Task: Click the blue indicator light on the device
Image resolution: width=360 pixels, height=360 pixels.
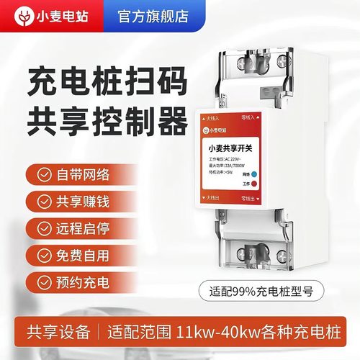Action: pos(255,173)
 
